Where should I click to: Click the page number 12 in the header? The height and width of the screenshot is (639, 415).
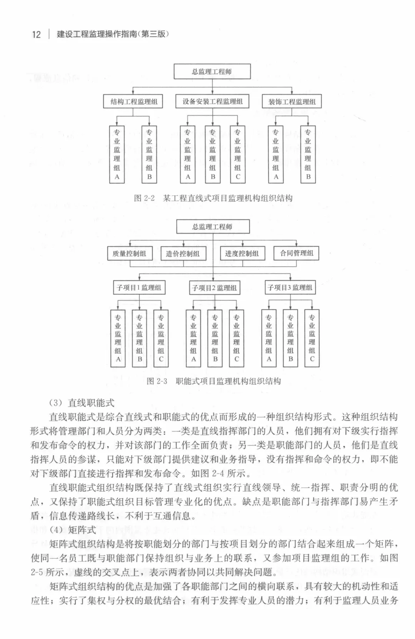tap(36, 35)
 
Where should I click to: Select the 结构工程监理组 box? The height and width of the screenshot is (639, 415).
tap(133, 102)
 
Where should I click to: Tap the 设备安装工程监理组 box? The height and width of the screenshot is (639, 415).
tap(212, 102)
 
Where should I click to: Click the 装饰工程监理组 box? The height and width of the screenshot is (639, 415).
tap(292, 102)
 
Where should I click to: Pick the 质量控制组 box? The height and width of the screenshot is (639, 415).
tap(129, 253)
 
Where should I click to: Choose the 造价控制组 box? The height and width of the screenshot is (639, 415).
tap(183, 253)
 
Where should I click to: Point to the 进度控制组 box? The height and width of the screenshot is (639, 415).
tap(242, 253)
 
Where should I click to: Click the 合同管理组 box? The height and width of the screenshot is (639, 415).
tap(296, 253)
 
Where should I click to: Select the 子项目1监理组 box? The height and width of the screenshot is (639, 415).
tap(139, 287)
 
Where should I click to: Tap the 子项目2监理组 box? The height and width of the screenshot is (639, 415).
tap(214, 287)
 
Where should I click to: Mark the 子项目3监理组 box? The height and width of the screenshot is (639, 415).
tap(290, 287)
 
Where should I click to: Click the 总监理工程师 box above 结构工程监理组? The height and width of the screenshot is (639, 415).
tap(212, 71)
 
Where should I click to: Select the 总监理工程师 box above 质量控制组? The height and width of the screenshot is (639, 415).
tap(212, 226)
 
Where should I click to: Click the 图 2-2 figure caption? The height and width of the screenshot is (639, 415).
tap(213, 198)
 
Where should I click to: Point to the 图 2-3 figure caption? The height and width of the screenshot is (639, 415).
tap(214, 381)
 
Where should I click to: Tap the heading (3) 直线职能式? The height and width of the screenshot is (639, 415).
tap(82, 403)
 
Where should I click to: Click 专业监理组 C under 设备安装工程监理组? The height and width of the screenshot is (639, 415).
tap(237, 154)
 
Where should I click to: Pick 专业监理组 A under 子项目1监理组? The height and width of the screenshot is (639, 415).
tap(118, 338)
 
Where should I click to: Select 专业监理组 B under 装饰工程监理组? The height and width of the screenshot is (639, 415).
tap(308, 154)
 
